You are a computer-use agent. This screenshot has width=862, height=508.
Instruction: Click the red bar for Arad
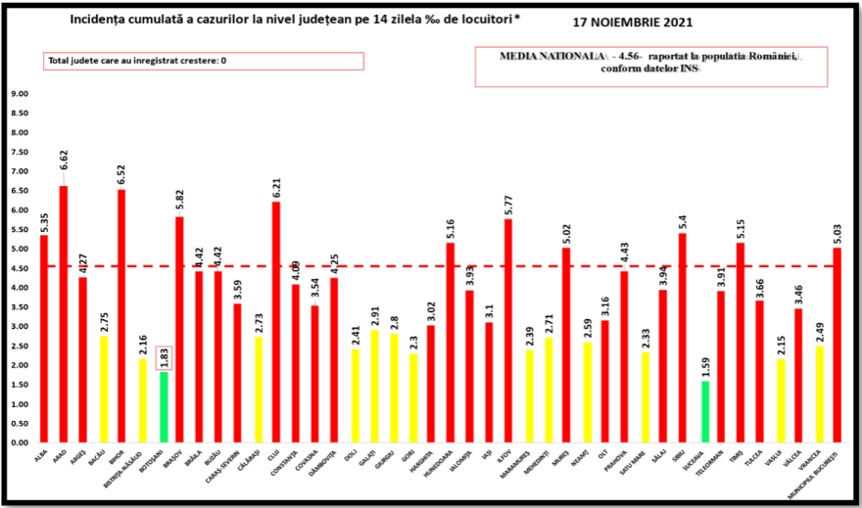coord(64,313)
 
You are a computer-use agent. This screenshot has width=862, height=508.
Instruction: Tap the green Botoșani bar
coord(165,406)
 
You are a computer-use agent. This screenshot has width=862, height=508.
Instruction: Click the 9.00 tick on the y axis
coord(20,94)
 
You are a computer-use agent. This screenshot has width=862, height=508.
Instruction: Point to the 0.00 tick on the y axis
coord(20,442)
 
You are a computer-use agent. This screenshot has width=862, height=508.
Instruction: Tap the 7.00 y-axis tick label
coord(20,171)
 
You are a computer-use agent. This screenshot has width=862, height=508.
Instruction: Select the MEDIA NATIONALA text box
coord(650,68)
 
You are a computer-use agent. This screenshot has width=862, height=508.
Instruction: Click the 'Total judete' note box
coord(203,61)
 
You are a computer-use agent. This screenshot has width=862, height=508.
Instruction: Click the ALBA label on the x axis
coord(42,456)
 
